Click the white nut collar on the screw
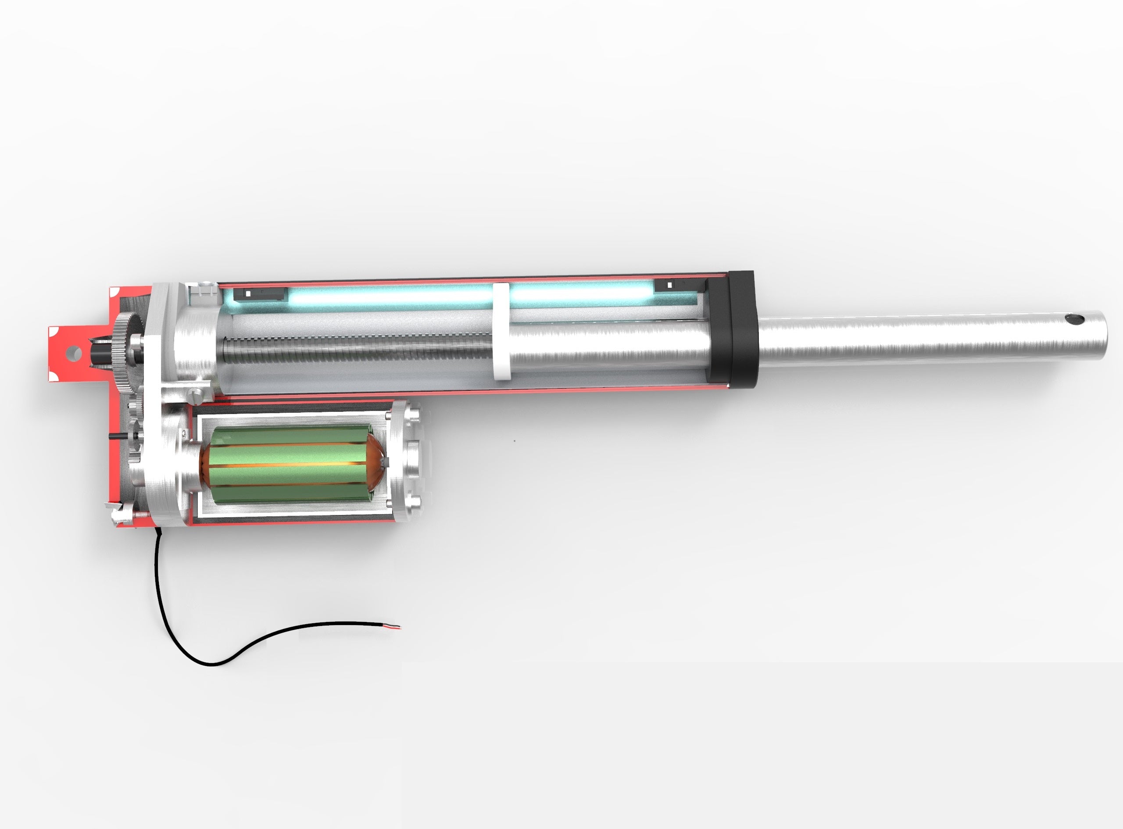501,331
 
